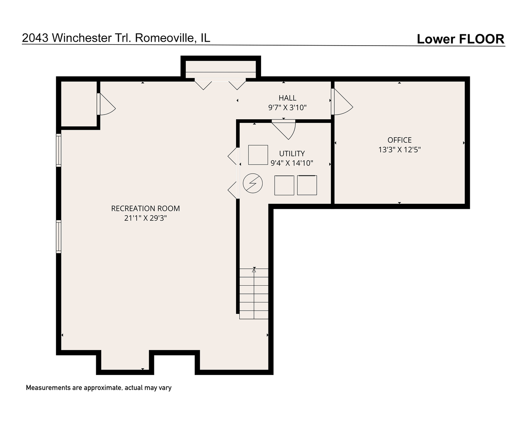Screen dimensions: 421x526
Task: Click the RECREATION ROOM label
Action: pyautogui.click(x=145, y=209)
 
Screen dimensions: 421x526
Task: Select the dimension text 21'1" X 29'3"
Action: pyautogui.click(x=145, y=218)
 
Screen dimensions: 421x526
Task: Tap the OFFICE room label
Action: pyautogui.click(x=399, y=140)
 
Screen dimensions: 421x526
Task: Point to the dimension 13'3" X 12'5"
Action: pyautogui.click(x=399, y=149)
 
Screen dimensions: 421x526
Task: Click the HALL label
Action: pyautogui.click(x=287, y=98)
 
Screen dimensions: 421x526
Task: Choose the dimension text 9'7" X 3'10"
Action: pyautogui.click(x=287, y=108)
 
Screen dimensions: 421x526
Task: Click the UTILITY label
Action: pyautogui.click(x=292, y=154)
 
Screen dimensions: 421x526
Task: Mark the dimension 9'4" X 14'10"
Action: pyautogui.click(x=292, y=163)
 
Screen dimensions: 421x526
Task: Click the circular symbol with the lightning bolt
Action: pyautogui.click(x=253, y=183)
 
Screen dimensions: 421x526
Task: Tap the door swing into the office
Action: pyautogui.click(x=342, y=103)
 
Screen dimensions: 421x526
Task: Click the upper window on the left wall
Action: pyautogui.click(x=59, y=150)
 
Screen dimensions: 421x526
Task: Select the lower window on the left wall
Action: pyautogui.click(x=59, y=237)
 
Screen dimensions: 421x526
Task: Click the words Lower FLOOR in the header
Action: pyautogui.click(x=460, y=39)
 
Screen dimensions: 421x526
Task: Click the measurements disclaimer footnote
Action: pyautogui.click(x=99, y=388)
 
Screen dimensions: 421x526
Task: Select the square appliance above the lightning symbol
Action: pyautogui.click(x=258, y=155)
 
